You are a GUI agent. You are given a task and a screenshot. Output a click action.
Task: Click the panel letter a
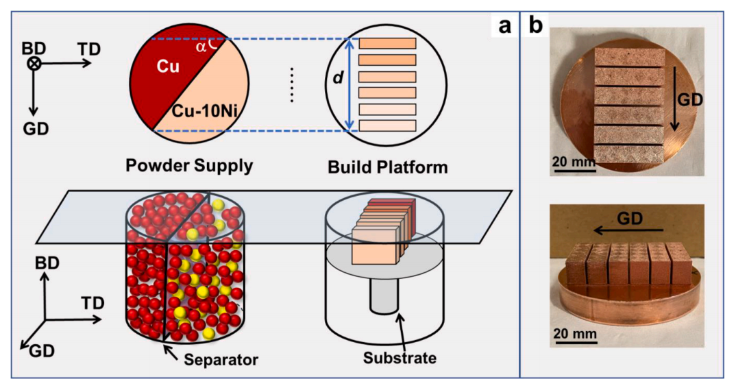(x=505, y=27)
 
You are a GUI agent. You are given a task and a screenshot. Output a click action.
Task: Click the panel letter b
(x=535, y=27)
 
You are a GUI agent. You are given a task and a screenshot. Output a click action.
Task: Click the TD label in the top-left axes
(x=89, y=49)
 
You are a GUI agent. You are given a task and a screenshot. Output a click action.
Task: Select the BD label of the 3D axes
(x=43, y=263)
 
